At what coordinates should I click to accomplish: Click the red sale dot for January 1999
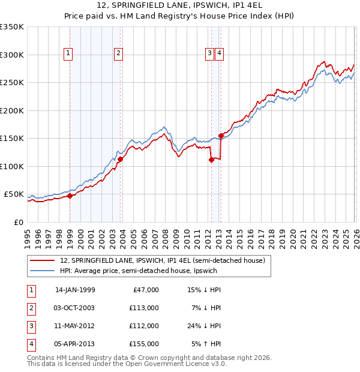70,196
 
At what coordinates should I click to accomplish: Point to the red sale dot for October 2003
120,159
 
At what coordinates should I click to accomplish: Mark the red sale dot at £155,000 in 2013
221,136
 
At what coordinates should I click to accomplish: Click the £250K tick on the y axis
12,83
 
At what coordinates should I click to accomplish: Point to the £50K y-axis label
14,194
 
